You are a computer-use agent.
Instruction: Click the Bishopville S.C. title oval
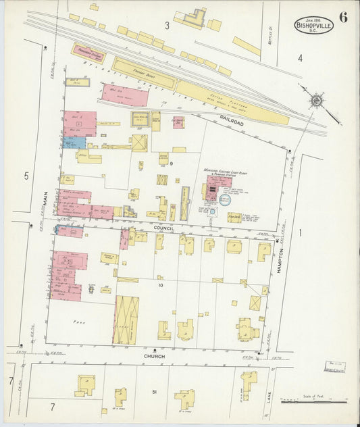(313, 26)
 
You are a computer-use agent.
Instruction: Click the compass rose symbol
(315, 102)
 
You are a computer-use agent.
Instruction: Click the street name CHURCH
(155, 355)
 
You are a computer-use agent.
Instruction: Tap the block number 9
(172, 164)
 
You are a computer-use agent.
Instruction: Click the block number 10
(161, 285)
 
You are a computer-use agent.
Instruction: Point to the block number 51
(155, 392)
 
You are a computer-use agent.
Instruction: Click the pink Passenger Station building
(88, 53)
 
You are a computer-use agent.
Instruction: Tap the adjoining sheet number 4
(300, 59)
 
